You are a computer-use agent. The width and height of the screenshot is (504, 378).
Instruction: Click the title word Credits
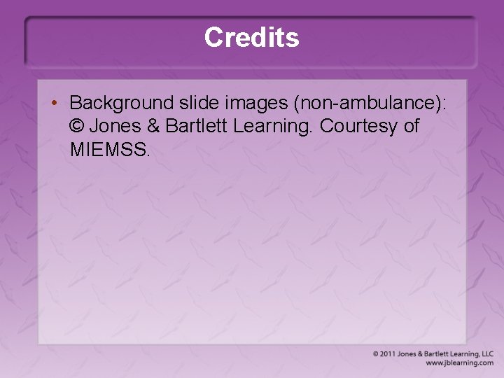[x=252, y=37]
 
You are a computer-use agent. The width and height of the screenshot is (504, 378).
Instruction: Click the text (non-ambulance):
[x=370, y=103]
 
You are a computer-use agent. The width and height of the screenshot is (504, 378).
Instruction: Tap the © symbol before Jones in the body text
[x=76, y=126]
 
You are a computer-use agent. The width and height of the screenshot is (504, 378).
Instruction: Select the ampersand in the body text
[x=154, y=126]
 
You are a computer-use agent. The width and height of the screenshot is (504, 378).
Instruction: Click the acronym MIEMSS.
[x=110, y=149]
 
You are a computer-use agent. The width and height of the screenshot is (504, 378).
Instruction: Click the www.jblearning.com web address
[x=459, y=363]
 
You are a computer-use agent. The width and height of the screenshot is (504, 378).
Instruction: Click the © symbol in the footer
[x=377, y=354]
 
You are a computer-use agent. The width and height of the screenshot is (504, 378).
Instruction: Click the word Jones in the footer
[x=407, y=354]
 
